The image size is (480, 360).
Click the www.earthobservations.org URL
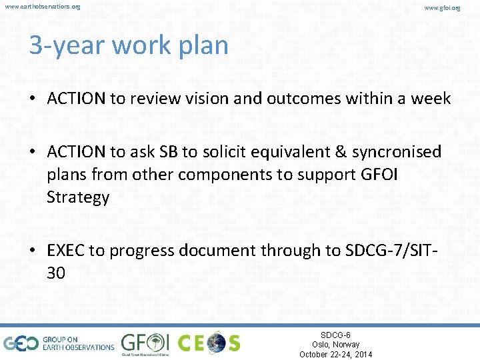point(42,7)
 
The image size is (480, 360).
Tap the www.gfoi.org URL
point(442,7)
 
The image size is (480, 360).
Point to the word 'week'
point(429,99)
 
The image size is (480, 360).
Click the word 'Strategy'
point(77,197)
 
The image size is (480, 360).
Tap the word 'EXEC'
point(69,251)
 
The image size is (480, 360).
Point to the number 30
point(56,273)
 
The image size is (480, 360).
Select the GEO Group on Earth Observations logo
point(59,343)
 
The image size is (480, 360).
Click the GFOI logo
point(145,343)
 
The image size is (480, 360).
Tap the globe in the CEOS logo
point(215,343)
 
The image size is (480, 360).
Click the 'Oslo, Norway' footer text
point(335,345)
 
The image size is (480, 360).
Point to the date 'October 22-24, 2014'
point(335,355)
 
